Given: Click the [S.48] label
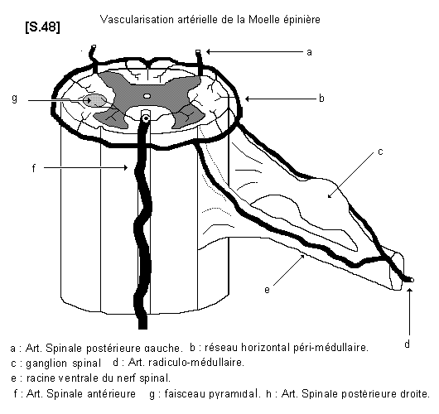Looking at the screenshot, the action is pos(42,27).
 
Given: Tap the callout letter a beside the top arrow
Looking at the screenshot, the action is pos(309,52).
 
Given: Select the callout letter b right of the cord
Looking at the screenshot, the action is pos(321,99).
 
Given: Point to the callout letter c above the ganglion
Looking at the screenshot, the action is pos(380,152).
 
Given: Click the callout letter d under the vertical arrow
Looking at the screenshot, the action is pos(407,344).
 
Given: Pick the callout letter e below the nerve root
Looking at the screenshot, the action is pos(267,290).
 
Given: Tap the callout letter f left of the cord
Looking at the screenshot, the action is pos(34,168).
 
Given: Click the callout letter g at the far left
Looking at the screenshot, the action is pos(15,99).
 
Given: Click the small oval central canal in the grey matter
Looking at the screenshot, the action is pos(147,96).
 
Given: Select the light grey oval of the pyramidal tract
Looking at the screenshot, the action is pos(95,100).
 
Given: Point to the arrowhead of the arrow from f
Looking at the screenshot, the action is pos(126,168).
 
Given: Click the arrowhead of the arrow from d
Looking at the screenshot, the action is pos(410,291).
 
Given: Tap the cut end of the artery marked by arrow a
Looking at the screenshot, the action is pos(198,51).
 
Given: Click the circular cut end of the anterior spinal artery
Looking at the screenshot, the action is pos(146,119).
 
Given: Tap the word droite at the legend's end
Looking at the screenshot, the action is pos(416,393).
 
